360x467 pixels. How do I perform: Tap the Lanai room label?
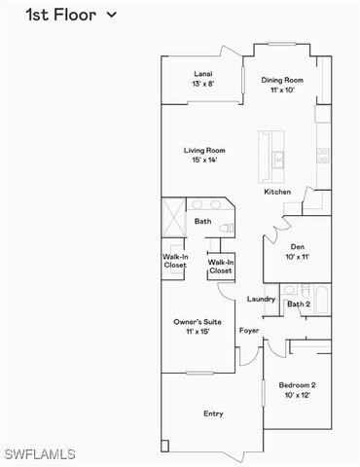(x=203, y=74)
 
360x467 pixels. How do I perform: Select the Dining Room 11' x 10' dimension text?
(x=282, y=90)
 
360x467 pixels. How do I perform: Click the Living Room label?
(x=204, y=151)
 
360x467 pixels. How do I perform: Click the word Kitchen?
(x=277, y=192)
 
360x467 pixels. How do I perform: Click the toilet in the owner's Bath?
(x=225, y=228)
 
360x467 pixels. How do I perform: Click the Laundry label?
(x=261, y=299)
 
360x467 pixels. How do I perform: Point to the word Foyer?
(x=249, y=331)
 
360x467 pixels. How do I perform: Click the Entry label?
(x=213, y=413)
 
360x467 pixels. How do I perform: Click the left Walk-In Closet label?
(x=175, y=261)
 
